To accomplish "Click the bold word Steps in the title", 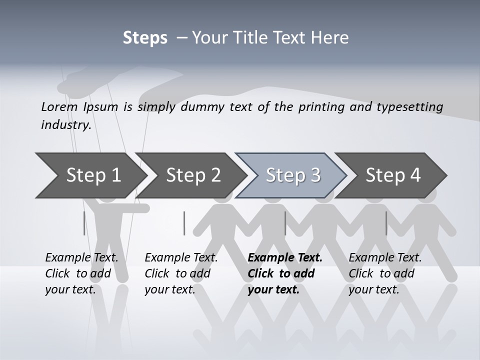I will (145, 38).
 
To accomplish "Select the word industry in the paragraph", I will (65, 125).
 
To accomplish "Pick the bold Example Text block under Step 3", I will (285, 273).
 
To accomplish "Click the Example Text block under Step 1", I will (81, 273).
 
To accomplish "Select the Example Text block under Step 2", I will (181, 273).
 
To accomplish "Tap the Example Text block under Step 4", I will (385, 273).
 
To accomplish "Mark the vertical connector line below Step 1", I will (84, 223).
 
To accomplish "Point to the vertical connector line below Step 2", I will (184, 223).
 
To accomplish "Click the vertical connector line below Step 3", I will (285, 223).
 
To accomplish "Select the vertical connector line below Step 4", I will (386, 223).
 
